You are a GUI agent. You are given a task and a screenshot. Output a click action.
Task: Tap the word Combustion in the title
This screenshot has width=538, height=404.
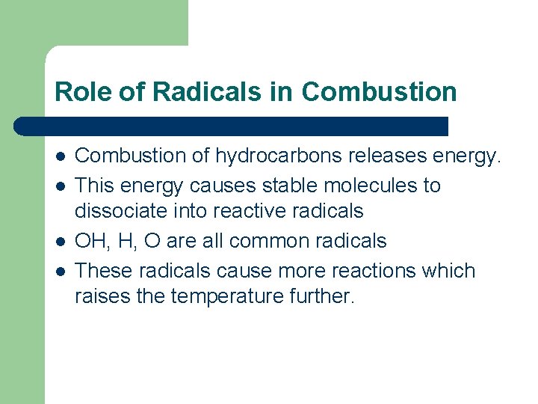coord(379,91)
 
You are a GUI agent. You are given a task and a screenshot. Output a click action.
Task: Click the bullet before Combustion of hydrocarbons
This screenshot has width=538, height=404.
coord(59,156)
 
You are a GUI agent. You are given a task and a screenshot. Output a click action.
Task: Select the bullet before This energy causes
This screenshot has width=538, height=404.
coord(59,185)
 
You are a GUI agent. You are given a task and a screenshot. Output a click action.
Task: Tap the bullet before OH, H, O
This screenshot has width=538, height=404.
coord(59,241)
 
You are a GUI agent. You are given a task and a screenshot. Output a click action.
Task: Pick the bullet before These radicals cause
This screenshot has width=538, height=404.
coord(59,270)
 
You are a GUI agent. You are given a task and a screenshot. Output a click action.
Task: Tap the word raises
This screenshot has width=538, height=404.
coord(99,297)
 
